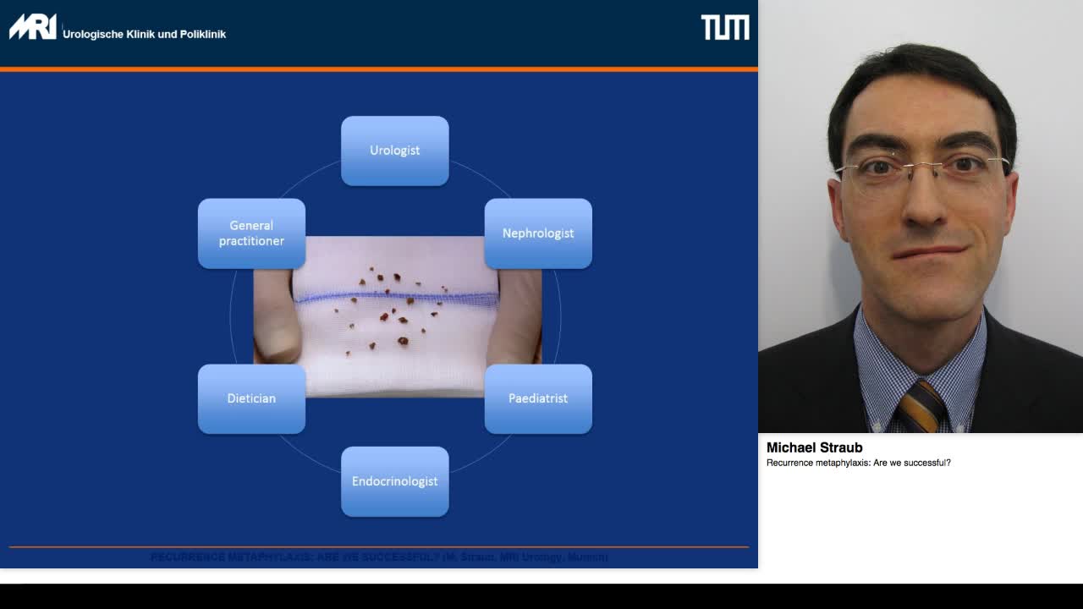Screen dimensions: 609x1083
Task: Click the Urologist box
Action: pyautogui.click(x=394, y=151)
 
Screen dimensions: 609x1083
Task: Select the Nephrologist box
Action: pyautogui.click(x=538, y=233)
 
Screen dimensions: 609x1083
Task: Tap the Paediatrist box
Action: pyautogui.click(x=538, y=398)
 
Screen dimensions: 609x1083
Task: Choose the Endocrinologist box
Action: pyautogui.click(x=394, y=481)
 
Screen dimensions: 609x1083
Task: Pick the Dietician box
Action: pyautogui.click(x=251, y=398)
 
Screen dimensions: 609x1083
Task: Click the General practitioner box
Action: pyautogui.click(x=251, y=233)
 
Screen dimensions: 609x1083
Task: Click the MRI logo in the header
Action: pyautogui.click(x=32, y=27)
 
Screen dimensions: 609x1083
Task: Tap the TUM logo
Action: pyautogui.click(x=725, y=27)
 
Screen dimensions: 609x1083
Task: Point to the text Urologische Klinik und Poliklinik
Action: pyautogui.click(x=144, y=35)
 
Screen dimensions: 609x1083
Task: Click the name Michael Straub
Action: pyautogui.click(x=814, y=447)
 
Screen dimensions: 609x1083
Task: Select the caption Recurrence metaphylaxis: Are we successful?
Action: pyautogui.click(x=858, y=463)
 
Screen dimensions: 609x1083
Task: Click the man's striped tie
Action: pyautogui.click(x=921, y=406)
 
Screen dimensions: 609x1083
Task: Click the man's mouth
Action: pyautogui.click(x=929, y=252)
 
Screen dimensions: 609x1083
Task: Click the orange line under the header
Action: pyautogui.click(x=379, y=69)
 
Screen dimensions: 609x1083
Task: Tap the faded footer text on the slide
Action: pyautogui.click(x=379, y=557)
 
